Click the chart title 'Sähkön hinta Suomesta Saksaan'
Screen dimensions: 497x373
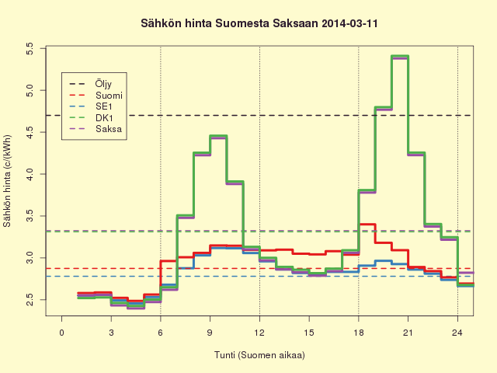[230, 24]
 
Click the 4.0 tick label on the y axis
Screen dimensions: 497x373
[30, 174]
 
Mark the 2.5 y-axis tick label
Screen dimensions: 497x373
[30, 300]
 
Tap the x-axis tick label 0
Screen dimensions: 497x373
[62, 333]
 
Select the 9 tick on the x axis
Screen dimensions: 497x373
[210, 333]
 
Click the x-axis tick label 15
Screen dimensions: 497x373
[309, 333]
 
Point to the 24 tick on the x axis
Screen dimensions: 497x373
[457, 333]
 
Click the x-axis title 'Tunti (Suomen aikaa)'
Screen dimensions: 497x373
[259, 355]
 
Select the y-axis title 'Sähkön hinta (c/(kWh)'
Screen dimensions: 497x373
[7, 181]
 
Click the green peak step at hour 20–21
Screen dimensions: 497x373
[400, 56]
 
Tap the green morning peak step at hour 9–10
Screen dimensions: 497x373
[218, 136]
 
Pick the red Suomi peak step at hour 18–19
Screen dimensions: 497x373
[367, 225]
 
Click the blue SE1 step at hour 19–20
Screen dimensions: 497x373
[383, 261]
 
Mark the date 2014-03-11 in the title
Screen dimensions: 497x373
[349, 24]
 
